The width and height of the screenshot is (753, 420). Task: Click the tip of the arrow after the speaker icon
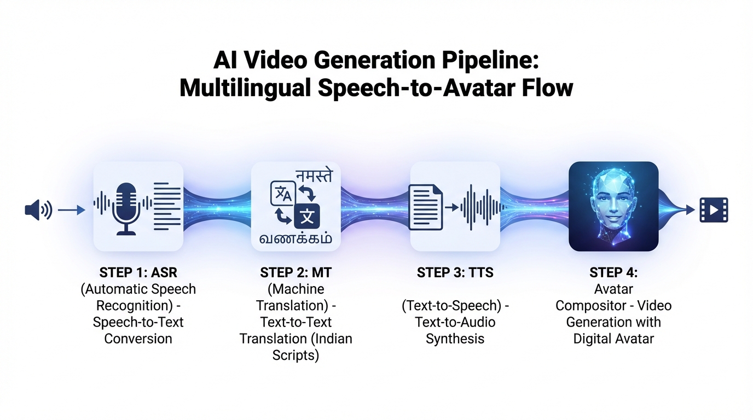85,211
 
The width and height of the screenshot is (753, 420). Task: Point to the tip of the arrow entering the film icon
694,211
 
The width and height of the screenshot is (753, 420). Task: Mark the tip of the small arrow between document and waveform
459,208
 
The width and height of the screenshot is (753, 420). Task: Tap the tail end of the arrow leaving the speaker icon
58,211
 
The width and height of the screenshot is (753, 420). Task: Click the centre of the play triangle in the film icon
714,211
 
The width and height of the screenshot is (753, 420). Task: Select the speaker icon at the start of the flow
38,210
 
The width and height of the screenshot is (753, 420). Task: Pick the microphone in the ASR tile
126,209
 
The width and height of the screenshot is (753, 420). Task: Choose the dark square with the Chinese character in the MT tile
306,216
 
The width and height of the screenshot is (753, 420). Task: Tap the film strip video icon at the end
714,211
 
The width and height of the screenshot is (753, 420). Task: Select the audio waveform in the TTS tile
483,207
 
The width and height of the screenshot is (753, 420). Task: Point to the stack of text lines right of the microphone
167,206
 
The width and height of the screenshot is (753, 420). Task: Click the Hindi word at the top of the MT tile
314,176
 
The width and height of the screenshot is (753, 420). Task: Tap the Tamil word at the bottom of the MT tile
296,238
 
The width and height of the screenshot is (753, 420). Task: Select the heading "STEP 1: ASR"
138,272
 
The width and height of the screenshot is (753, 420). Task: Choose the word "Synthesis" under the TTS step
455,339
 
